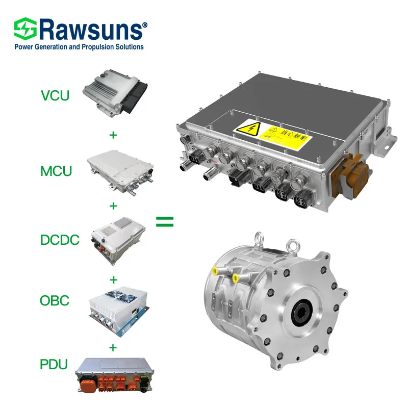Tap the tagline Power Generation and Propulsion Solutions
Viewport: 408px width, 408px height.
pyautogui.click(x=79, y=47)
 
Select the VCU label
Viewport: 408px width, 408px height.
pyautogui.click(x=56, y=95)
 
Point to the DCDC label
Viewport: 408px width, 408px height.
pyautogui.click(x=60, y=239)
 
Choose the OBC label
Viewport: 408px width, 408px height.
pyautogui.click(x=55, y=300)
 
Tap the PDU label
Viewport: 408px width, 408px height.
pyautogui.click(x=55, y=366)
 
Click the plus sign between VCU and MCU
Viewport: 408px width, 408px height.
pyautogui.click(x=113, y=135)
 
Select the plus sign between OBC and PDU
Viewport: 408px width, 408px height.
pyautogui.click(x=113, y=347)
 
